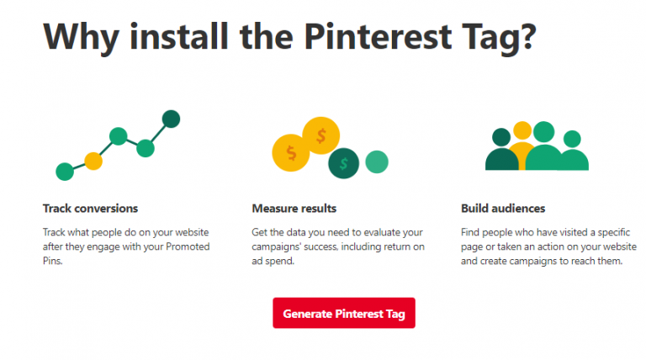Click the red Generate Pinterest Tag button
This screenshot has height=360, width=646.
[x=343, y=314]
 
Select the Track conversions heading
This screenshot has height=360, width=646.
[x=90, y=208]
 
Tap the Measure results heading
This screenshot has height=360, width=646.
[x=294, y=208]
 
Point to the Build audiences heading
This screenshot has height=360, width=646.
[x=503, y=208]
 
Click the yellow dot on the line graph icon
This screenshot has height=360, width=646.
[x=93, y=160]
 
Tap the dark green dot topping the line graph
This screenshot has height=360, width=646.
[x=171, y=119]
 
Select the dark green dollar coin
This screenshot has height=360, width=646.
[x=343, y=163]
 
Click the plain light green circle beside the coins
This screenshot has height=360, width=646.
[x=377, y=161]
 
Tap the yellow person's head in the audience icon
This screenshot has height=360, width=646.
[x=522, y=131]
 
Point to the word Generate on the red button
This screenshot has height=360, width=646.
[x=307, y=314]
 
